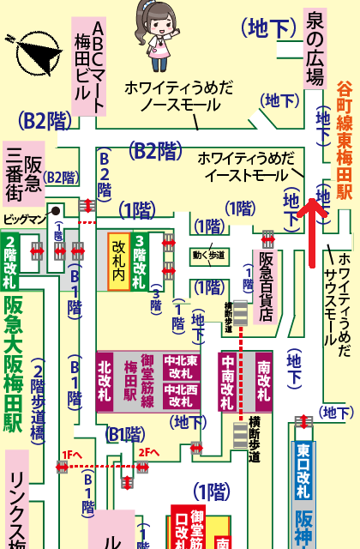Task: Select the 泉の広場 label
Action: (x=315, y=48)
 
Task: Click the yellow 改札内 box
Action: (x=119, y=262)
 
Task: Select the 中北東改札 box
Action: (x=181, y=367)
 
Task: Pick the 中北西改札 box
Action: (x=181, y=394)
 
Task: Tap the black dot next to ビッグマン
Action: (x=55, y=209)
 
